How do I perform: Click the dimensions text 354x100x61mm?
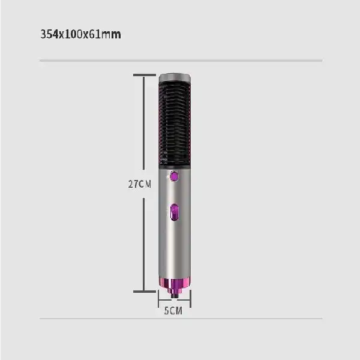[x=80, y=34]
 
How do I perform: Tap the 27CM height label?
[x=139, y=184]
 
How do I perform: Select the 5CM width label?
[x=173, y=311]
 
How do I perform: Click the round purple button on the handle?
[x=175, y=176]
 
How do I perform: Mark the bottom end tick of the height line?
[x=144, y=291]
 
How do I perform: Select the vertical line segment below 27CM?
[x=144, y=240]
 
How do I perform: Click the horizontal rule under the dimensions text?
[x=180, y=61]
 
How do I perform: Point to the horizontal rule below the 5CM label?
[x=180, y=320]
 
